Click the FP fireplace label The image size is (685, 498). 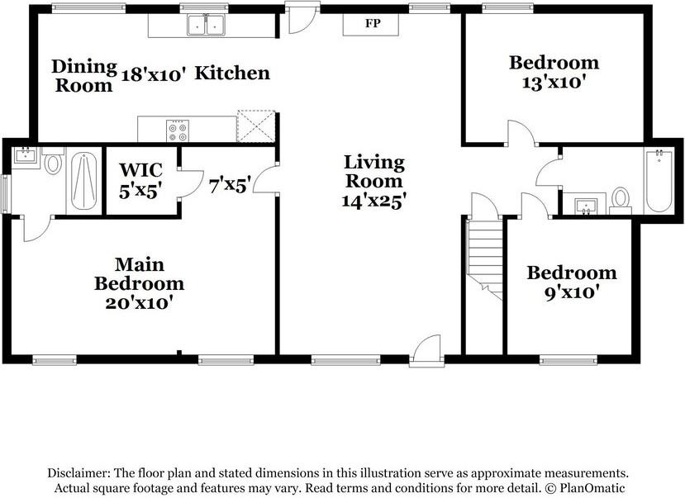pos(373,23)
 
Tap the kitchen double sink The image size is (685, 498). pos(207,26)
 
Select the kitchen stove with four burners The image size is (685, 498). pos(178,130)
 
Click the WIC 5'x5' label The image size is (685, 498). pos(140,179)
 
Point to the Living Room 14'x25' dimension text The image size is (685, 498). pos(374,200)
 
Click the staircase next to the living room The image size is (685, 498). pos(486,256)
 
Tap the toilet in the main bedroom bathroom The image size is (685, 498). pos(54,164)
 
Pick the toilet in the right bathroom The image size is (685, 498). pos(620,198)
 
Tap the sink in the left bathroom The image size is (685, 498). pos(25,156)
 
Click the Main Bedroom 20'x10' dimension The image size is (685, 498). pos(139,302)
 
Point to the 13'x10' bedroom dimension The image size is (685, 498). pos(554,82)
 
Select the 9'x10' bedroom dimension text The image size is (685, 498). pos(572,292)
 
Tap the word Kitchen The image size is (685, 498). pos(232,74)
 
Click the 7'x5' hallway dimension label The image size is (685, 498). pos(229,185)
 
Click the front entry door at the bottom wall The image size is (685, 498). pos(426,351)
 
